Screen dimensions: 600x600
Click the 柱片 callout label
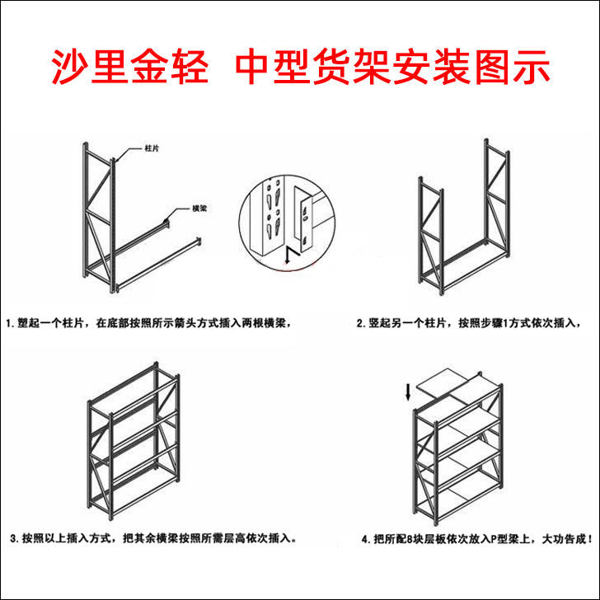point(152,148)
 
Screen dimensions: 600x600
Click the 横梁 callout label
point(199,209)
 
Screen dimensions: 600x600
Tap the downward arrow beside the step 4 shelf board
point(408,392)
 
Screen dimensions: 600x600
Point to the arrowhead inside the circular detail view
point(288,261)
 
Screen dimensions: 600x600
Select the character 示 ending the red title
point(531,67)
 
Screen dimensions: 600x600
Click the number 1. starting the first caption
point(11,323)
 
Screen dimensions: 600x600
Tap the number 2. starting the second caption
point(361,323)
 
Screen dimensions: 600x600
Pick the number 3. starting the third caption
point(15,538)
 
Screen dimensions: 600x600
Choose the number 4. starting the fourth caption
point(367,540)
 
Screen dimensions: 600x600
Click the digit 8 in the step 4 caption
point(410,540)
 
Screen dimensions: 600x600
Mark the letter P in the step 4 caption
point(494,540)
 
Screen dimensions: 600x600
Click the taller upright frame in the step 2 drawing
point(497,198)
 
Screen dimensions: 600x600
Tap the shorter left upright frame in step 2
point(431,236)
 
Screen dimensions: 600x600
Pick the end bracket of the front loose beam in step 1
point(198,241)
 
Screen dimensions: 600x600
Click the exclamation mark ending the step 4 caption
point(589,540)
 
